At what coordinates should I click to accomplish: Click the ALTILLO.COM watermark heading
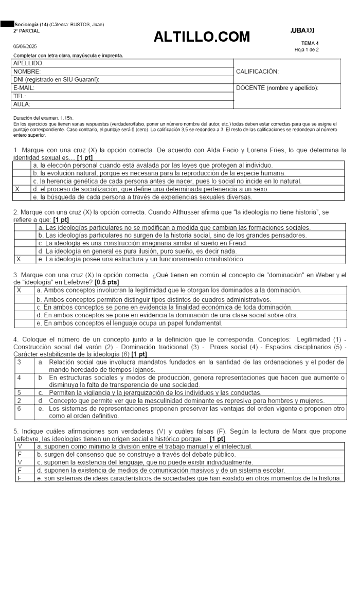(202, 37)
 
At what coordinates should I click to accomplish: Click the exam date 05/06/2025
(25, 46)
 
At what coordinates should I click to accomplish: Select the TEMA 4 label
(310, 43)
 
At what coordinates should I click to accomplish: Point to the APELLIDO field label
(28, 63)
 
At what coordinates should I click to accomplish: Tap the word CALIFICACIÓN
(257, 71)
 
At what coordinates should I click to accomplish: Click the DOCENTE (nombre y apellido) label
(277, 88)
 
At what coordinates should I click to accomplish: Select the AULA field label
(22, 104)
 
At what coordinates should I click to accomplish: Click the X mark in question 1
(17, 189)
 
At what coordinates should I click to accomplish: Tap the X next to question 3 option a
(19, 290)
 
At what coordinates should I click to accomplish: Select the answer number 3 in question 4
(19, 363)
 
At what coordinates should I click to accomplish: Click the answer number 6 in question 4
(19, 408)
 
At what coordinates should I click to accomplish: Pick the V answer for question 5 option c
(20, 462)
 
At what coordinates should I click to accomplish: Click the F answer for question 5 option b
(20, 454)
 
